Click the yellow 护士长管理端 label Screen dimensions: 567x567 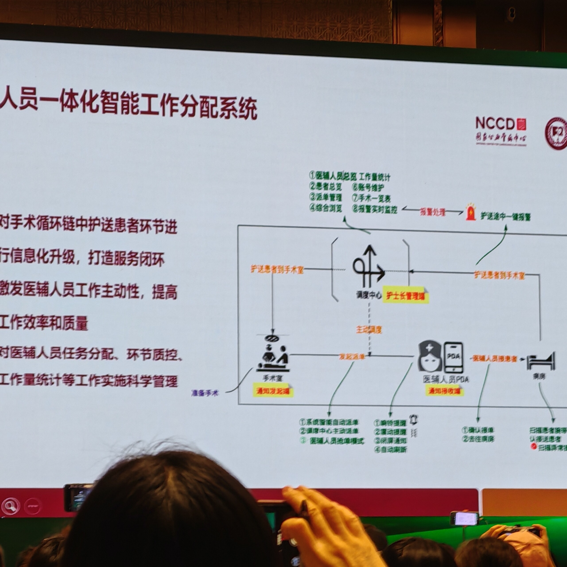(406, 296)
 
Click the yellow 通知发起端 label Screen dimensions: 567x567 (273, 391)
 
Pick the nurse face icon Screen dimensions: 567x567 (430, 356)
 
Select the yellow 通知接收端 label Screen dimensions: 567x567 (445, 391)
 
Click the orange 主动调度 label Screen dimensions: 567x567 (369, 330)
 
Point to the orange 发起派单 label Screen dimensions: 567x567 (352, 357)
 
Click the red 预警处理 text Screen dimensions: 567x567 (433, 212)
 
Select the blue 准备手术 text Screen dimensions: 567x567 (205, 393)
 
